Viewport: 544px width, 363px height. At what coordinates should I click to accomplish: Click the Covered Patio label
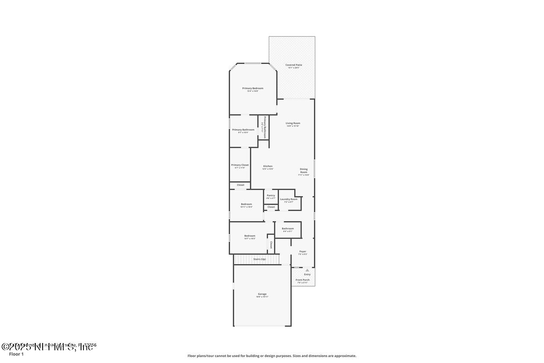[x=293, y=65]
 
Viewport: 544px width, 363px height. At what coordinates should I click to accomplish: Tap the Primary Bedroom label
[x=253, y=88]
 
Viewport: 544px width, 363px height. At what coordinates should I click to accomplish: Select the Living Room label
[x=293, y=123]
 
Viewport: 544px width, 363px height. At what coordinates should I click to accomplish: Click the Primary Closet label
[x=240, y=165]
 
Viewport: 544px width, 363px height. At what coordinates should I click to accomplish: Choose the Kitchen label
[x=268, y=166]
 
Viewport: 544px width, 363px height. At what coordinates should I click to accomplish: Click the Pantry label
[x=271, y=195]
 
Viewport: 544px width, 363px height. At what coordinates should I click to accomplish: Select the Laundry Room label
[x=289, y=199]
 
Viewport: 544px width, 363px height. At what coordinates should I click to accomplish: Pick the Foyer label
[x=302, y=251]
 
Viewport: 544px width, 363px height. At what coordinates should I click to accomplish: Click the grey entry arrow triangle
[x=307, y=270]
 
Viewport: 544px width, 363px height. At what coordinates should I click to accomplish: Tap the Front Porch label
[x=302, y=280]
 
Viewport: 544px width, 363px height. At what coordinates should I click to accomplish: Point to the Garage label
[x=262, y=294]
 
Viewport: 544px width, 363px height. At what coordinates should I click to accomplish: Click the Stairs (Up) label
[x=260, y=259]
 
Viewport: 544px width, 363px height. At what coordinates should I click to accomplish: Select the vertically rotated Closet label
[x=271, y=245]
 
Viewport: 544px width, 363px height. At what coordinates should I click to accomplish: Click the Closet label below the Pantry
[x=271, y=207]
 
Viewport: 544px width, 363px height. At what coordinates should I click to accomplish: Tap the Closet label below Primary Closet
[x=240, y=185]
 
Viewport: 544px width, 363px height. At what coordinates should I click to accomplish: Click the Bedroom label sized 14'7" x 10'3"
[x=250, y=235]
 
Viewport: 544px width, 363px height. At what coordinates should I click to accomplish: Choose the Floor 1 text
[x=16, y=354]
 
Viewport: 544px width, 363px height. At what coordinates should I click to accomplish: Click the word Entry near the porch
[x=307, y=274]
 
